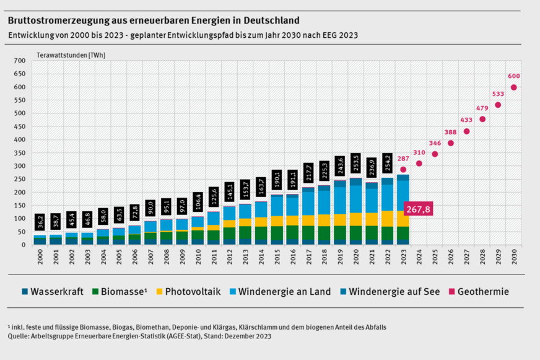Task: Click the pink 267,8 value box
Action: (x=418, y=209)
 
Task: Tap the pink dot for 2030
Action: (x=513, y=87)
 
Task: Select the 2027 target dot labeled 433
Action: (x=466, y=131)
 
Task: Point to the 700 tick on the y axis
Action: (x=19, y=61)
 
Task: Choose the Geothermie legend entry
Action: (x=478, y=291)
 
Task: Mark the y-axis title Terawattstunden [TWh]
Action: (x=72, y=55)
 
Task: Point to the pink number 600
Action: (x=514, y=76)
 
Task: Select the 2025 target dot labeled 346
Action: (x=435, y=154)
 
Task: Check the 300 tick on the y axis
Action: (x=19, y=166)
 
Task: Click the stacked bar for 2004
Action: (x=102, y=237)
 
